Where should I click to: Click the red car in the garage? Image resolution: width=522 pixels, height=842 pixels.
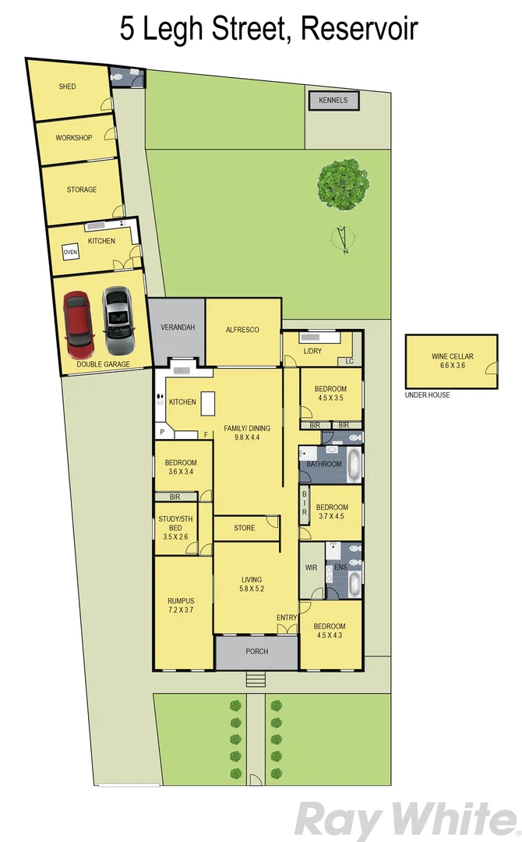point(78,321)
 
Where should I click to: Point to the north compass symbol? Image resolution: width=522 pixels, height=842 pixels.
point(341,239)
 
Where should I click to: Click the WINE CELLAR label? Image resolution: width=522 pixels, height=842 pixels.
point(453,356)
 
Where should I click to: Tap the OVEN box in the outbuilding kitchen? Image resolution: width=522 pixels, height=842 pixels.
point(71,253)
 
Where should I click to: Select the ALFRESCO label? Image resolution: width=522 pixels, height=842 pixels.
point(242,330)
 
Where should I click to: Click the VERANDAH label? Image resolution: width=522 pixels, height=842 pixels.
point(177,327)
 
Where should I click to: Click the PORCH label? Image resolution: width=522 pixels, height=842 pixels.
point(256,652)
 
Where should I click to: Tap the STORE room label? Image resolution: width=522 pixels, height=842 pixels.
point(244,528)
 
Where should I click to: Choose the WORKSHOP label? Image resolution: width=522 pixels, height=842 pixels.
point(73,138)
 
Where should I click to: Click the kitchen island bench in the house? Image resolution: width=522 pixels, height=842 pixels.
point(207,405)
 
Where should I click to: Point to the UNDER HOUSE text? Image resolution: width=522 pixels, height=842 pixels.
point(427,395)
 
